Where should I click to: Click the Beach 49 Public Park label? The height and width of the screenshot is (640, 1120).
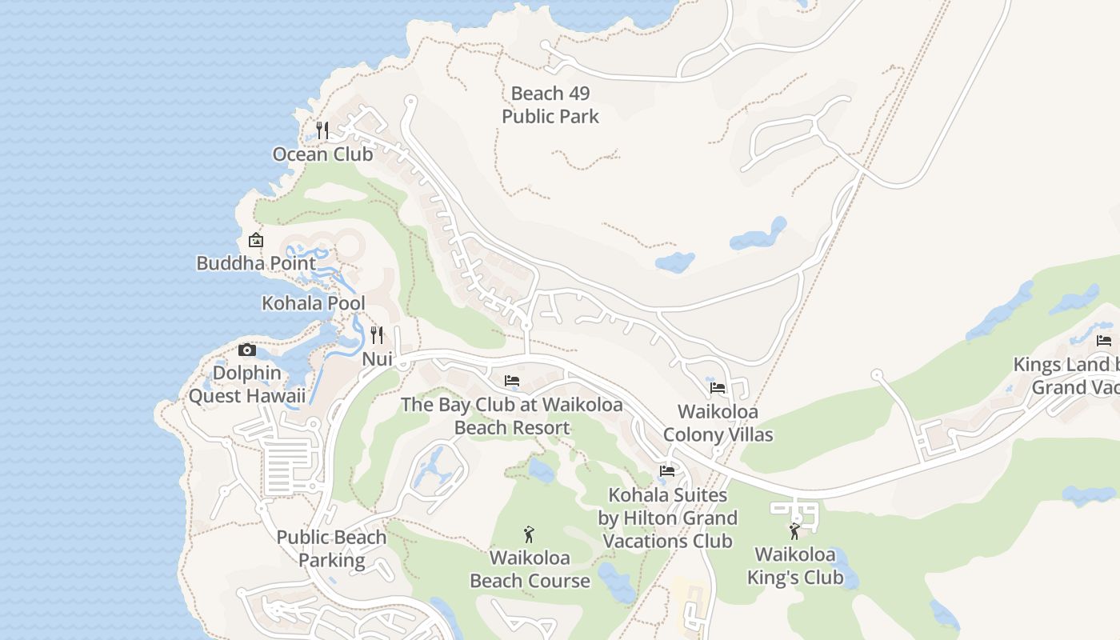[550, 106]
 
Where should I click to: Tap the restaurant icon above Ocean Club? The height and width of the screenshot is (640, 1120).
[322, 130]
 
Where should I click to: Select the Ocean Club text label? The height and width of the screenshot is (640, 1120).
[322, 154]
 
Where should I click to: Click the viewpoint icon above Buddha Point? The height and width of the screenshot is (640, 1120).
[255, 239]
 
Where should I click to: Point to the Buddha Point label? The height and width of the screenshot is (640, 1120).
[256, 262]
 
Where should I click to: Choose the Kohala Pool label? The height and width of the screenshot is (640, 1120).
[314, 303]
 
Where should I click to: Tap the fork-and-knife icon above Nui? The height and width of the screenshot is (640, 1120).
[377, 334]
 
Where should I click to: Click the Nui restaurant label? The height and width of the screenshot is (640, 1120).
[377, 359]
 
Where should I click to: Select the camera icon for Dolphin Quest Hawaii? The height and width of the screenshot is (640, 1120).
[247, 350]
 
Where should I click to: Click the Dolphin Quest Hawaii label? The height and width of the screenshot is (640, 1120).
[247, 384]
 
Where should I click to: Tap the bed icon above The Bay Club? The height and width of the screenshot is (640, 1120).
[512, 380]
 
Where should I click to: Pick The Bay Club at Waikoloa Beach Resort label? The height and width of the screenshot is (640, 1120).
[512, 416]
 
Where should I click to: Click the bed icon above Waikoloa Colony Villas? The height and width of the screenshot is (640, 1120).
[718, 388]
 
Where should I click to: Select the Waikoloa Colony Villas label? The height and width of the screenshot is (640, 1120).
[718, 423]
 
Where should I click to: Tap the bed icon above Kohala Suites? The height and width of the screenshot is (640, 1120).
[667, 471]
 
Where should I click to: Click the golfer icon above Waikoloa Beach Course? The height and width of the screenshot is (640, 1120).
[529, 534]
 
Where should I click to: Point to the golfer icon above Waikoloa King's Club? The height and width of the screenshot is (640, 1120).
[794, 530]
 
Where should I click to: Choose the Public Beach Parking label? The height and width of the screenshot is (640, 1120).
[331, 549]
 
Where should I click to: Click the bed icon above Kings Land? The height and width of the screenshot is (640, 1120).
[1104, 341]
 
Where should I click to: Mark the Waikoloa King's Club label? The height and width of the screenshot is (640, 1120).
[794, 566]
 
